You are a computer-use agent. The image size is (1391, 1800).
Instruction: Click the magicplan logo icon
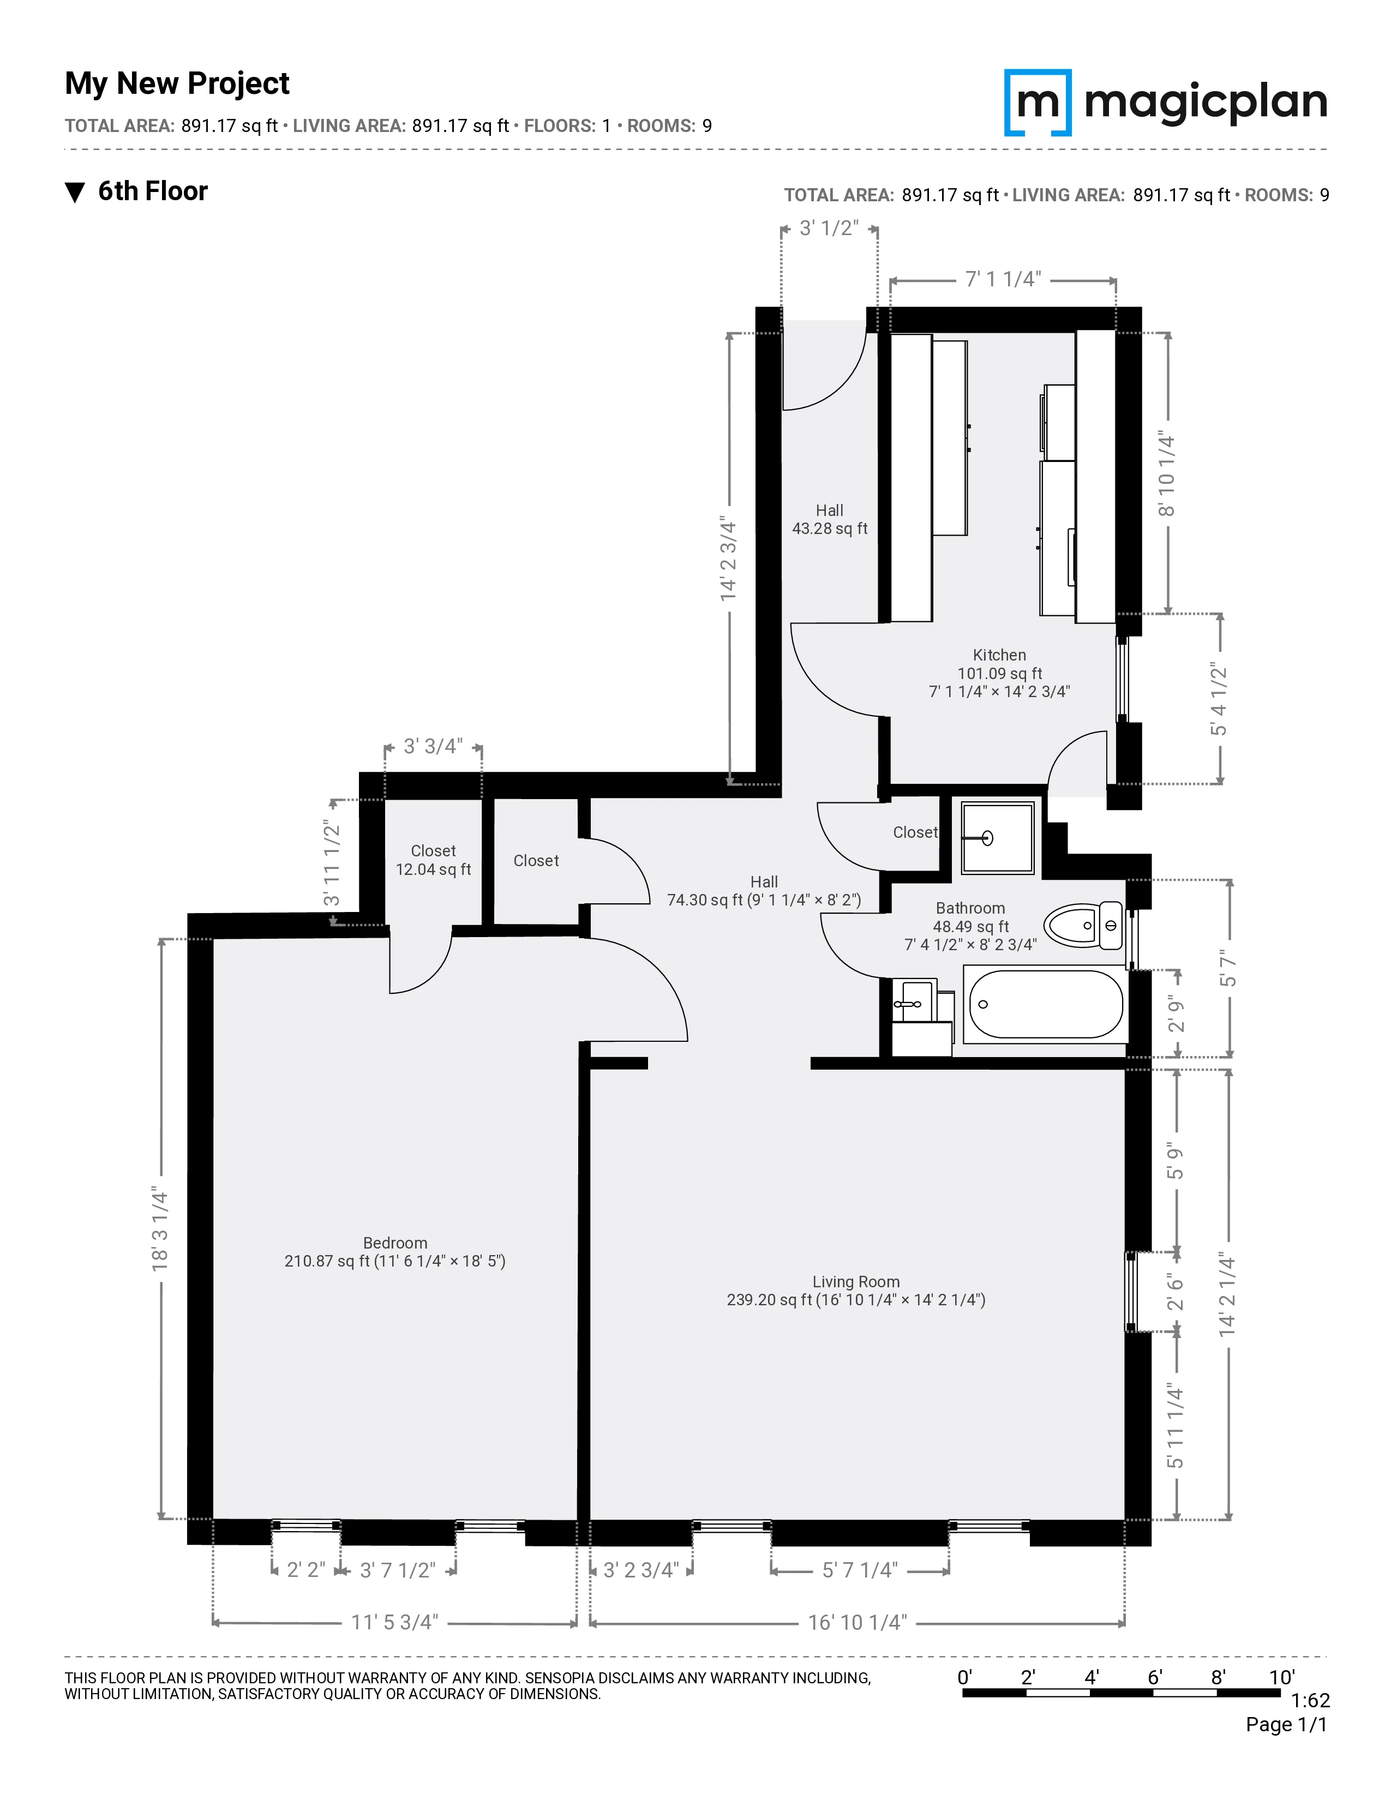(x=1038, y=102)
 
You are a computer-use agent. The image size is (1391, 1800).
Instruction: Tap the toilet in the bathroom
(x=1083, y=926)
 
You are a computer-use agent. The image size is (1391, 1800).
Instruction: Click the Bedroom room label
(x=395, y=1243)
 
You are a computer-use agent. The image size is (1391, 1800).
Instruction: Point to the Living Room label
(x=855, y=1282)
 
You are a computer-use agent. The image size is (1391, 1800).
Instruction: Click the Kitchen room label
(x=999, y=655)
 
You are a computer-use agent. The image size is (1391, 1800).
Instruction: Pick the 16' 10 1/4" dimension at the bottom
(x=857, y=1623)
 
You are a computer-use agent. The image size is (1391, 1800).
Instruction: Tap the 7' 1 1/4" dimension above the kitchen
(x=1003, y=279)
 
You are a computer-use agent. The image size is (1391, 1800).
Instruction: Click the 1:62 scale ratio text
(x=1309, y=1700)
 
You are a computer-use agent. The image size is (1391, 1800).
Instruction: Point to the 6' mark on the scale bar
(x=1154, y=1677)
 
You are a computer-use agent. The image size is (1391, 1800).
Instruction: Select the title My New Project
(x=177, y=83)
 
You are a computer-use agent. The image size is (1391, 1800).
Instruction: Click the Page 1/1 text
(x=1286, y=1724)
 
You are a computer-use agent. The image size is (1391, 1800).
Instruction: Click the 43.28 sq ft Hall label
(x=829, y=529)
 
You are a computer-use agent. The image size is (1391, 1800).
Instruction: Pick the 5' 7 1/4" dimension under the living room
(x=860, y=1570)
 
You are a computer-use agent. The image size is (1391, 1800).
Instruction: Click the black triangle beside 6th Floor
(x=75, y=192)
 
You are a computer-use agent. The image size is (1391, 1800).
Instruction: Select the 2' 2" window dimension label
(x=305, y=1570)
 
